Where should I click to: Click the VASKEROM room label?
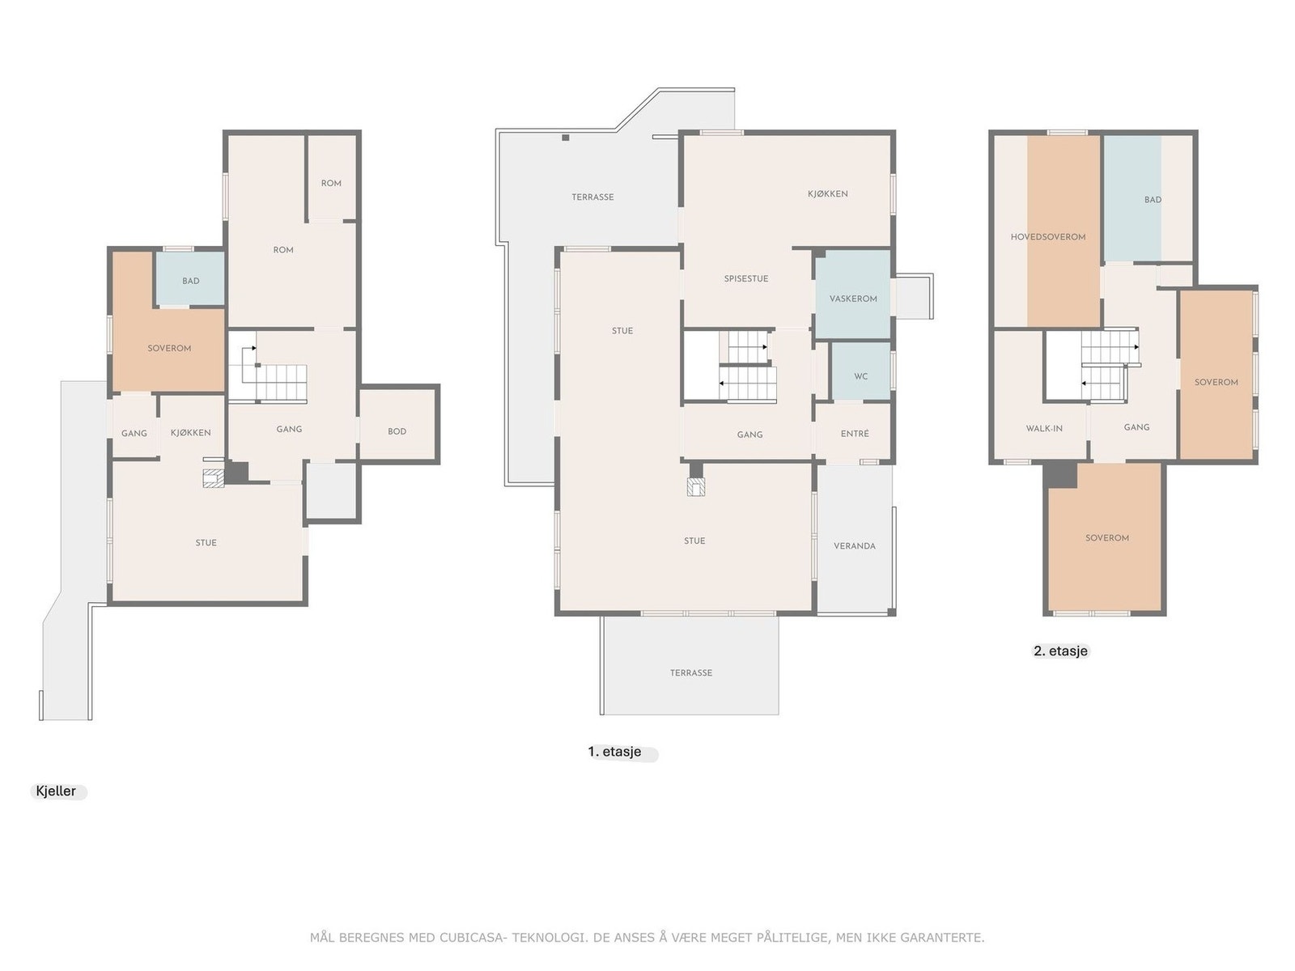(852, 299)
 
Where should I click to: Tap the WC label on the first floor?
(860, 376)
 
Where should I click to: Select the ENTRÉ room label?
(854, 434)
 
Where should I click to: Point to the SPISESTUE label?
(745, 279)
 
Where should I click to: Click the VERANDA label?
(854, 546)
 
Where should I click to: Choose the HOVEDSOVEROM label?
(1048, 237)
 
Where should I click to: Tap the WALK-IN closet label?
(1043, 429)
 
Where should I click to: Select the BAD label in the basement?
(190, 282)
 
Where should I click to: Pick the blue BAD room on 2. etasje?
(1132, 199)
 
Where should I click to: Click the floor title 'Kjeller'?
(56, 791)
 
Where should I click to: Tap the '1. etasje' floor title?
(614, 752)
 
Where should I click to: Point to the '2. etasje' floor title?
(1060, 651)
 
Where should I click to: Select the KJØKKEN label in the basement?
(190, 433)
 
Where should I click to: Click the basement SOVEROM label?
(169, 349)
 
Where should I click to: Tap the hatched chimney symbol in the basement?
(213, 478)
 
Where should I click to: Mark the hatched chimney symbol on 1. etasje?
(696, 486)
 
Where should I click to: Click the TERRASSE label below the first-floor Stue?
(691, 672)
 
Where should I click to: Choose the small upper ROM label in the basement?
(331, 184)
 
